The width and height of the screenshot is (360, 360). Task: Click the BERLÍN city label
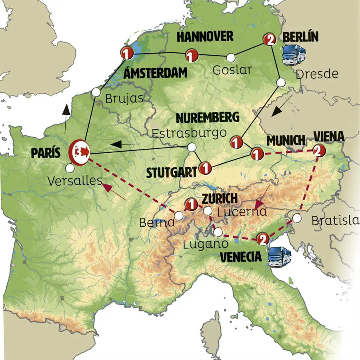300,37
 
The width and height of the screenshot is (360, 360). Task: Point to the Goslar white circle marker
230,57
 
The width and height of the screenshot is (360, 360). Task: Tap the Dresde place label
317,74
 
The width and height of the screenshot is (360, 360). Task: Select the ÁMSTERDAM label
150,73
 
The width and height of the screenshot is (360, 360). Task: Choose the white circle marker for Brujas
96,92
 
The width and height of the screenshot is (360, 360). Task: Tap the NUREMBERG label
208,118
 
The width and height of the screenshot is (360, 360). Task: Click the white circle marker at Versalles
70,168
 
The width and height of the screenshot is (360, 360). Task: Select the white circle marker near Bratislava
296,218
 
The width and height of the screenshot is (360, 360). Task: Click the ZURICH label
220,198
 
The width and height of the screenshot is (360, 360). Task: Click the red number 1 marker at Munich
256,153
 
